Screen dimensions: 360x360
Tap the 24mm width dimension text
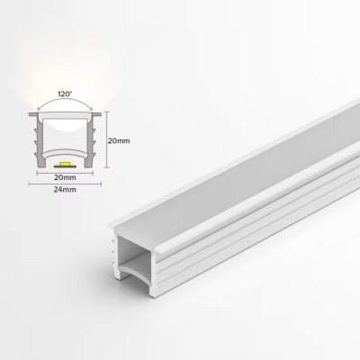pyautogui.click(x=63, y=192)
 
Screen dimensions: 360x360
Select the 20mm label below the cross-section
pyautogui.click(x=63, y=178)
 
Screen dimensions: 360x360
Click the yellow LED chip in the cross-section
pyautogui.click(x=64, y=163)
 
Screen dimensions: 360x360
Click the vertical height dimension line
pyautogui.click(x=106, y=141)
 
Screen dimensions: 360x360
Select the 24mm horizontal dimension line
pyautogui.click(x=63, y=184)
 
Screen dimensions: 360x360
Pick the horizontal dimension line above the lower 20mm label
pyautogui.click(x=63, y=171)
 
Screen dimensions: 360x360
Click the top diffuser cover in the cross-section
pyautogui.click(x=63, y=115)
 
